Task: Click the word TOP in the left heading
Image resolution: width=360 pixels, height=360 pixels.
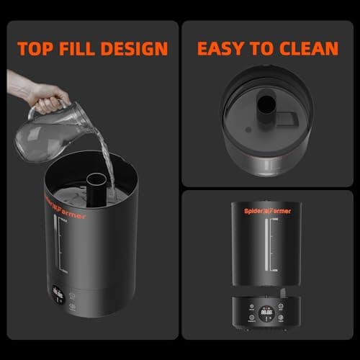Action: pyautogui.click(x=37, y=49)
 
